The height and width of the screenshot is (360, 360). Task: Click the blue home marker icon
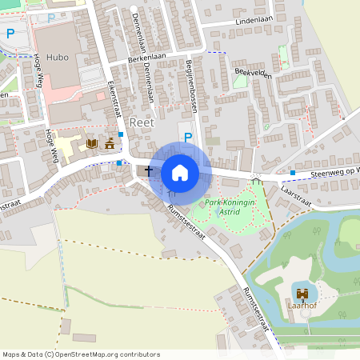pyautogui.click(x=180, y=173)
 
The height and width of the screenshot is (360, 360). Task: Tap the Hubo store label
pyautogui.click(x=57, y=58)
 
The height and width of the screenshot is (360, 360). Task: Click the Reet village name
pyautogui.click(x=140, y=121)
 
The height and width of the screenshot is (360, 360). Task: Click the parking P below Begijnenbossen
pyautogui.click(x=188, y=138)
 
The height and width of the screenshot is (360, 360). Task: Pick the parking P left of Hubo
pyautogui.click(x=10, y=34)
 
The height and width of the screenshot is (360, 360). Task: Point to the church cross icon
pyautogui.click(x=148, y=170)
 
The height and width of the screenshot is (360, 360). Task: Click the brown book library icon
pyautogui.click(x=91, y=143)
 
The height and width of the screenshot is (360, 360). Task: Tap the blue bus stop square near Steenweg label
pyautogui.click(x=293, y=172)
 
